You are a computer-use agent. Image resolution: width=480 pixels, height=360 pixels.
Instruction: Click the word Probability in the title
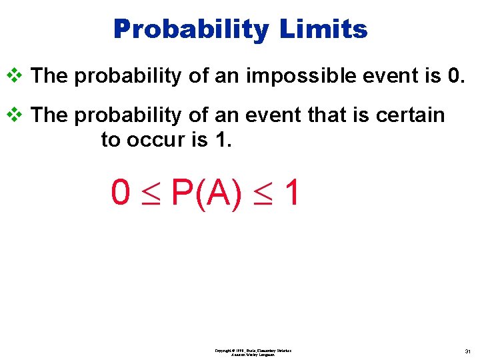[190, 29]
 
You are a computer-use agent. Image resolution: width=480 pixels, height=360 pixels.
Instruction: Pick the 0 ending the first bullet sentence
[455, 77]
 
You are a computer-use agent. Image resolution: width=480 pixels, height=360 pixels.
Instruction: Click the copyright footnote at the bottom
[253, 352]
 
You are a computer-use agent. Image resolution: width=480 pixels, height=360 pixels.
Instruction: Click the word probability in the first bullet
[127, 77]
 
